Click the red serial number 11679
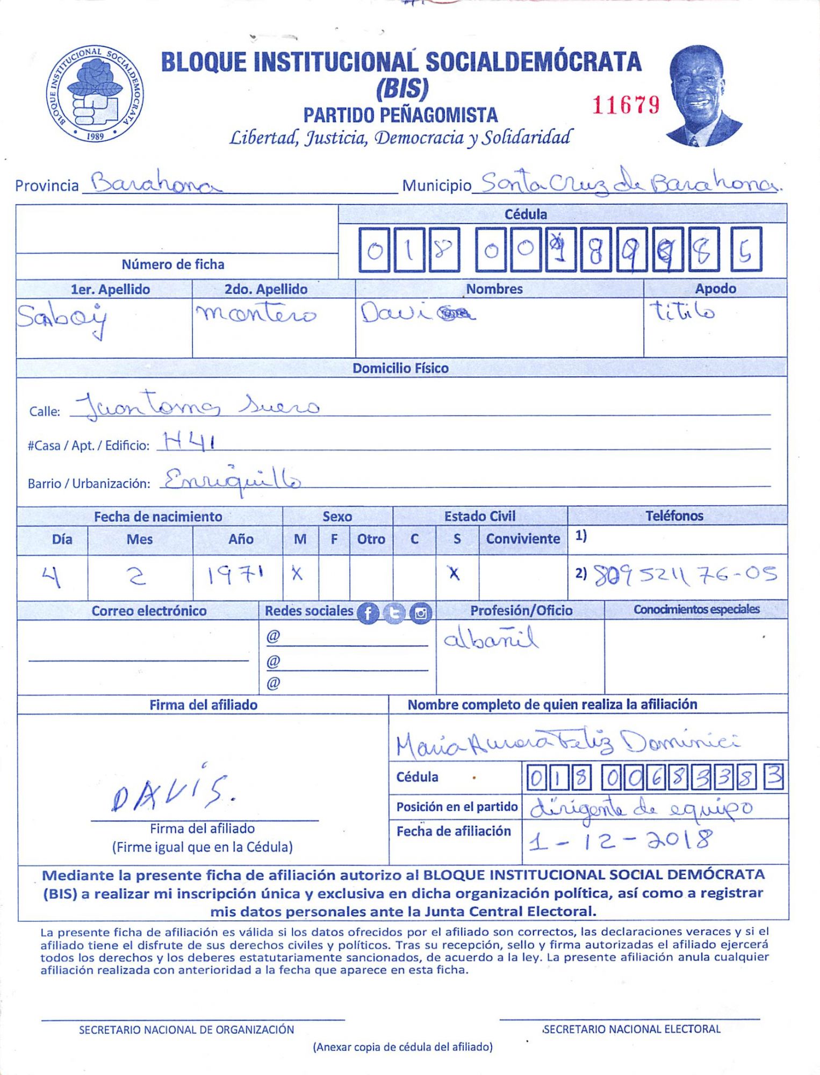tap(625, 105)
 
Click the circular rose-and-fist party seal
tap(95, 94)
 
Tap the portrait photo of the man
tap(701, 96)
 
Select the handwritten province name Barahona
tap(156, 184)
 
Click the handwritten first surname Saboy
tap(62, 318)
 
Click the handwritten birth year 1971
tap(236, 576)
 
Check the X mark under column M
tap(297, 574)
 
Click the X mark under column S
tap(455, 574)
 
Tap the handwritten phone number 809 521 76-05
tap(685, 575)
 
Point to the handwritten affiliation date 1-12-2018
tap(621, 840)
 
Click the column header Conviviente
tap(523, 539)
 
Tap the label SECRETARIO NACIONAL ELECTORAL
tap(632, 1029)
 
